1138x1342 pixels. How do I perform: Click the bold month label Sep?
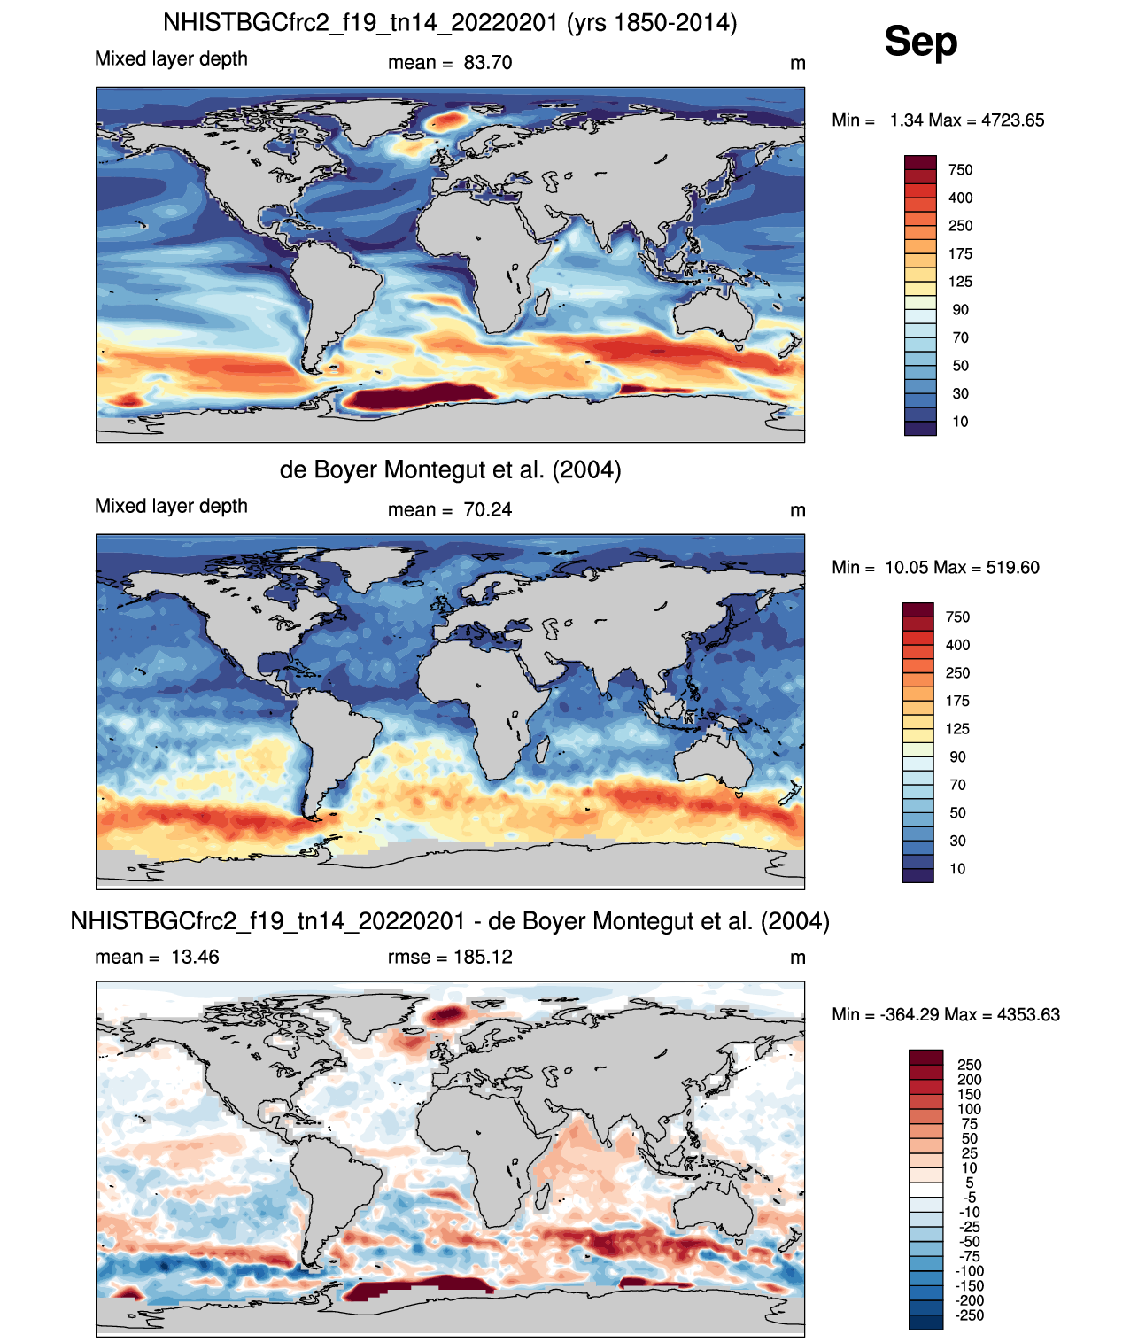pyautogui.click(x=920, y=42)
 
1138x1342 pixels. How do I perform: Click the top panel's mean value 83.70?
pyautogui.click(x=488, y=63)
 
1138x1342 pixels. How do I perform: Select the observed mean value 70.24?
pyautogui.click(x=488, y=509)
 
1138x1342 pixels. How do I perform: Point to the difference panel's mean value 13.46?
pyautogui.click(x=195, y=957)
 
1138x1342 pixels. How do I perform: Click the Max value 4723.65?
pyautogui.click(x=1013, y=120)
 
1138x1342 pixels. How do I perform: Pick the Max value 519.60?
pyautogui.click(x=1013, y=567)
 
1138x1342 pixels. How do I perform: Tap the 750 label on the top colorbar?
pyautogui.click(x=960, y=170)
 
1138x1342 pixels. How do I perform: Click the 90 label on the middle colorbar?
pyautogui.click(x=957, y=756)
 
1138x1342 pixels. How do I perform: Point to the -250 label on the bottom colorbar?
pyautogui.click(x=972, y=1315)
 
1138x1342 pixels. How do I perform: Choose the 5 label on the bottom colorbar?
pyautogui.click(x=969, y=1183)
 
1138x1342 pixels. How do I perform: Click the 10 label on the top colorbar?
pyautogui.click(x=960, y=422)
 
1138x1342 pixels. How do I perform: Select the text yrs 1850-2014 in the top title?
pyautogui.click(x=652, y=23)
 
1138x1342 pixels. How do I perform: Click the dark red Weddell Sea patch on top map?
pyautogui.click(x=415, y=395)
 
